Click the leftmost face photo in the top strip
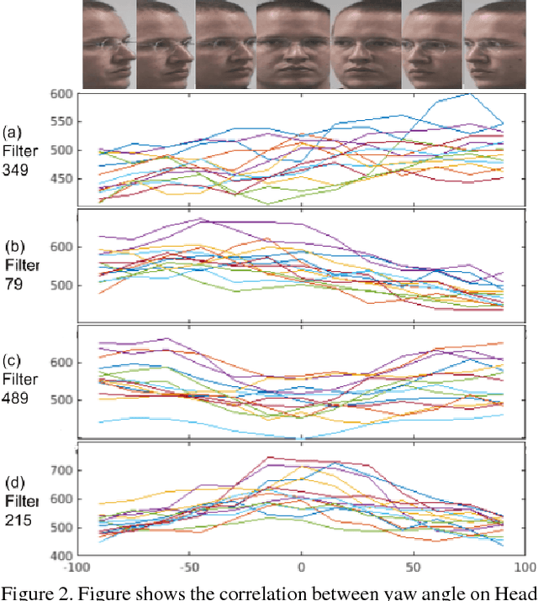[x=109, y=44]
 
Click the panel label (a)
[x=12, y=132]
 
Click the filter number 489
[x=16, y=398]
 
